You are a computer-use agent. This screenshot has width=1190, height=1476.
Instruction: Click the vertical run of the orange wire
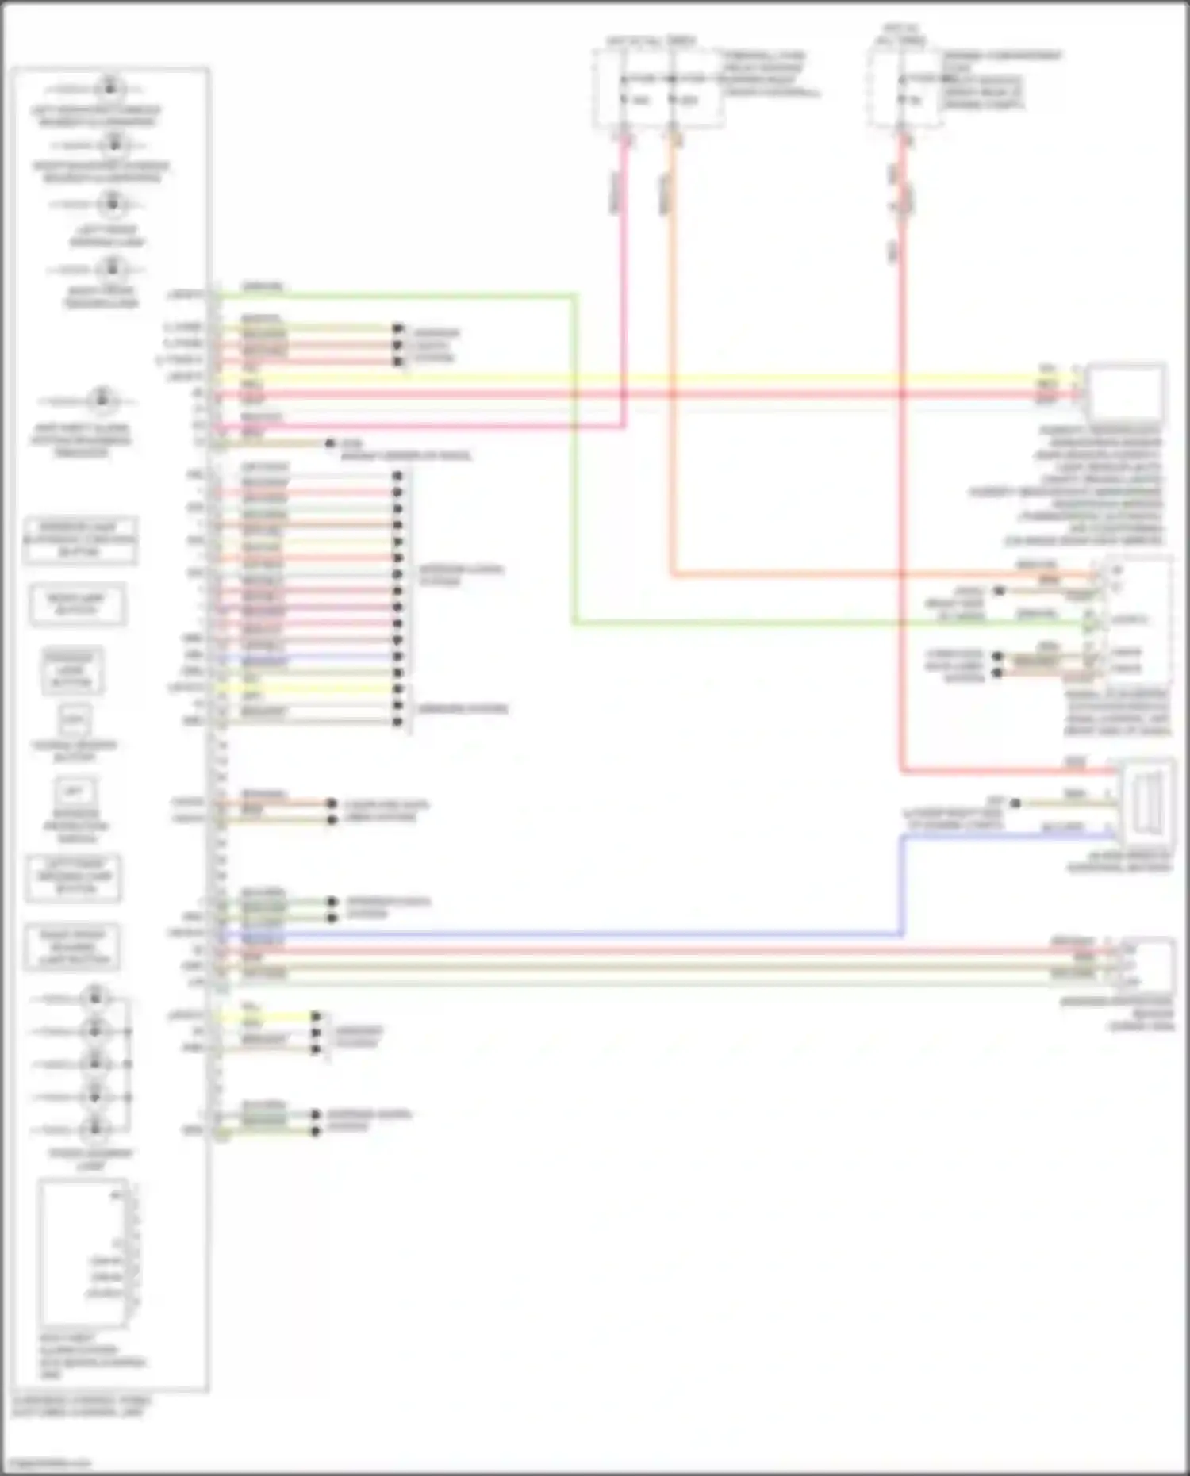672,357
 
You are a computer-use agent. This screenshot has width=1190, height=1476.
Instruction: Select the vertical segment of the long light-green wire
574,460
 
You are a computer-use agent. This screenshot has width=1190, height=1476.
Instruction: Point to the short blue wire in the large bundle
317,657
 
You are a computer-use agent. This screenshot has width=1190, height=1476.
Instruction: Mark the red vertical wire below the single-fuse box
902,476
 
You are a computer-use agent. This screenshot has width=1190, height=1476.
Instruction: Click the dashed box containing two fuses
658,87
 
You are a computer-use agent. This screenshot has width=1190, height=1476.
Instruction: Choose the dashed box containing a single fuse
905,87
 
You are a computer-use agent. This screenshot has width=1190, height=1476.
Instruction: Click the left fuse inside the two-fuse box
624,79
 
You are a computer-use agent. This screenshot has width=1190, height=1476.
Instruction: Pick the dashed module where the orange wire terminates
1135,620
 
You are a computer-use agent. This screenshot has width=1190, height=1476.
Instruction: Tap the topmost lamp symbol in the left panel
110,86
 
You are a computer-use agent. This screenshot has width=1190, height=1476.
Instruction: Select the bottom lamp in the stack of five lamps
95,1128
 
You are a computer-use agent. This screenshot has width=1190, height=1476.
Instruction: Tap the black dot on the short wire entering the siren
1015,803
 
